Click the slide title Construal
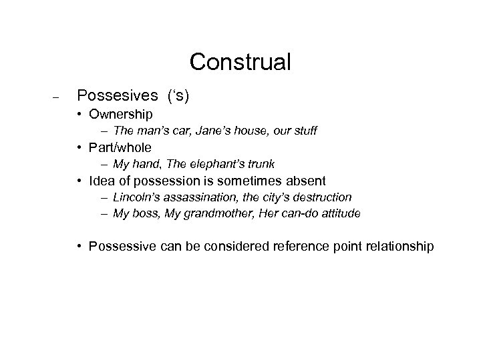240,62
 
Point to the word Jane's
200,131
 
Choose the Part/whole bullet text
122,147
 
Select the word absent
304,181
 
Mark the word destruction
323,197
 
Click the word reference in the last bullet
303,247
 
